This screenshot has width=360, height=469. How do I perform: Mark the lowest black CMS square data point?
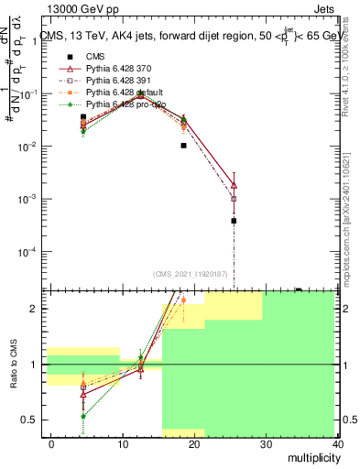click(234, 221)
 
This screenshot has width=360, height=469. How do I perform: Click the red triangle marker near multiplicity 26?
click(234, 185)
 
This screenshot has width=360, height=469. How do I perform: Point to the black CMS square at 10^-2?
click(183, 145)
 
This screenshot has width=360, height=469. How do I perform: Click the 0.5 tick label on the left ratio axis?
click(30, 420)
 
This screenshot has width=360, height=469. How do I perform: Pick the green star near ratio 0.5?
click(83, 416)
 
